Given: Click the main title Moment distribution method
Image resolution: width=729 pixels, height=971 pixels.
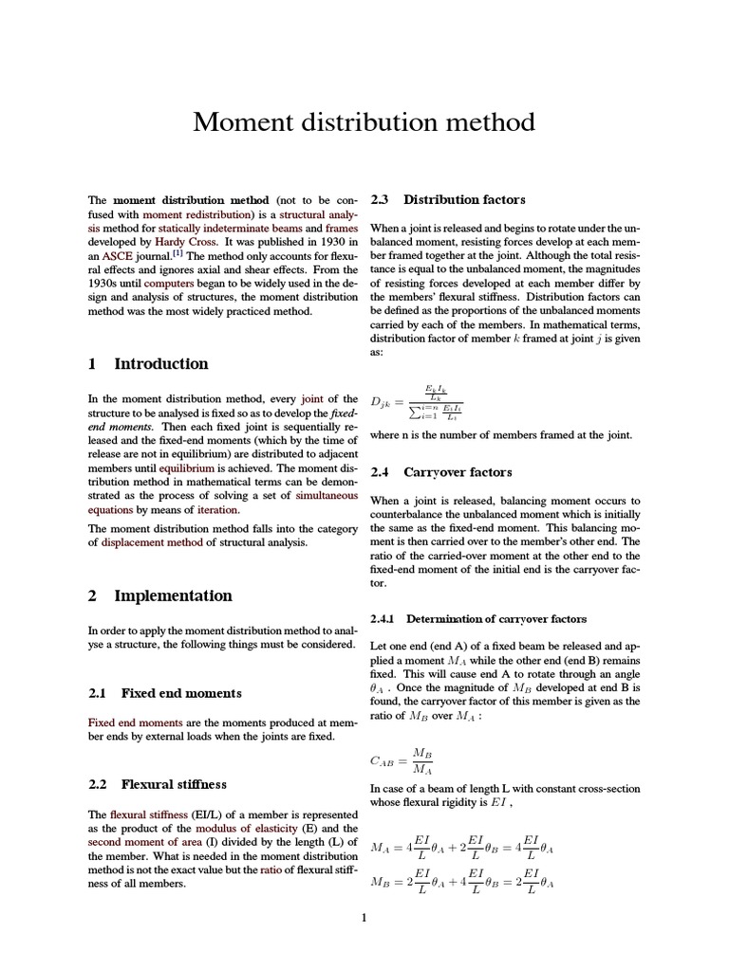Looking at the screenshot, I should [x=364, y=122].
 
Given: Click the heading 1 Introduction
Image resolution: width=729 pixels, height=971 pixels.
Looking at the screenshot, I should [x=147, y=363].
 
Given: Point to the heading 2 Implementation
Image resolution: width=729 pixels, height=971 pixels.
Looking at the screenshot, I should [x=159, y=595].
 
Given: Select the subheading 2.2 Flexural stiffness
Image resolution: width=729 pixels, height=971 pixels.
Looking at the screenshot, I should [x=158, y=784].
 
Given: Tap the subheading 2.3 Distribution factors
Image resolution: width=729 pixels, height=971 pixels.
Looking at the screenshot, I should [x=447, y=199].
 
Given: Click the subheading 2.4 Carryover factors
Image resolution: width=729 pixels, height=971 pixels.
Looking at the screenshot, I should [x=440, y=471].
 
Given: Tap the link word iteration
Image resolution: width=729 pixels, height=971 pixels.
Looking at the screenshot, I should [x=217, y=509].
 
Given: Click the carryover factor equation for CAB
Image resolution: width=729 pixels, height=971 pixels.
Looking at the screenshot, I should [x=402, y=760].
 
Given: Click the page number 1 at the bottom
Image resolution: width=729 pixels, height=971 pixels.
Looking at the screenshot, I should [x=364, y=917].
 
